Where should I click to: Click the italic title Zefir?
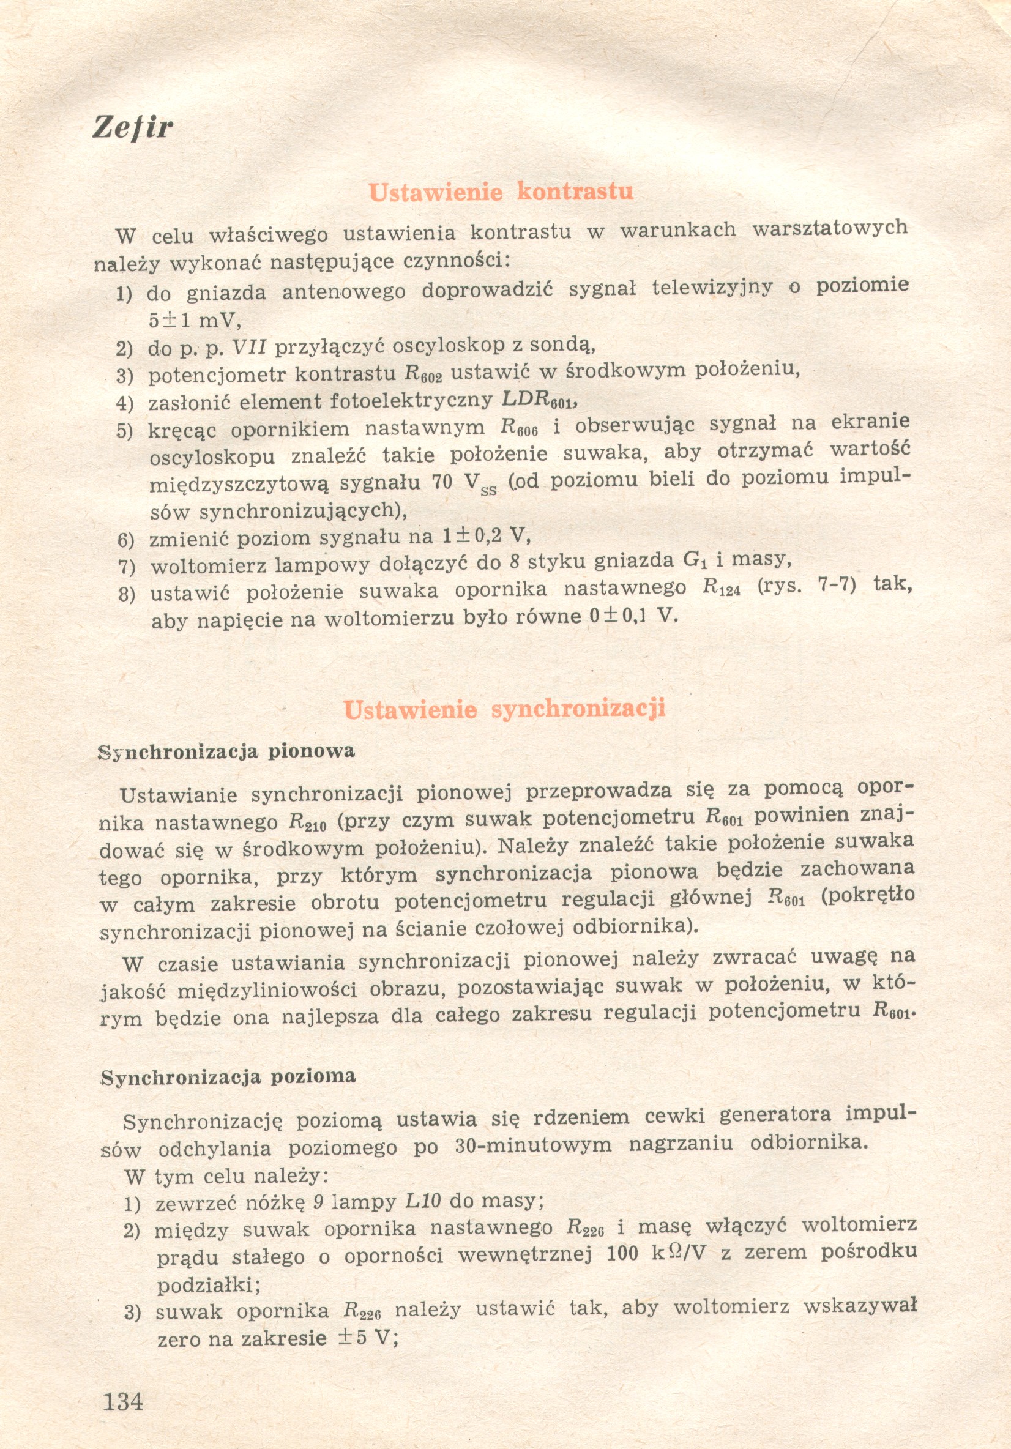click(133, 127)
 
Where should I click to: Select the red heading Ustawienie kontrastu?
click(501, 192)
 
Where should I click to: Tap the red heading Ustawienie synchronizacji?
click(505, 709)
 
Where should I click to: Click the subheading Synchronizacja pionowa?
click(226, 751)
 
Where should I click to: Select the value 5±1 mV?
click(195, 321)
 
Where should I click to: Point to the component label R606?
click(519, 428)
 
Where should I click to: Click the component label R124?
click(721, 588)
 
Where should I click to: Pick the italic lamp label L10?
click(422, 1201)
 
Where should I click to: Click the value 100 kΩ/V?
click(655, 1254)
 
